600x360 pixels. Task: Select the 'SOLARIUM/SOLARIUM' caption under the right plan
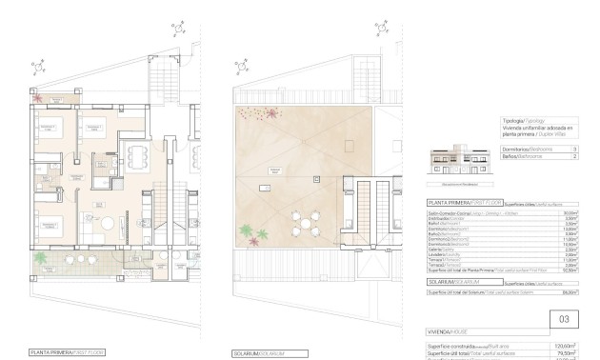click(258, 351)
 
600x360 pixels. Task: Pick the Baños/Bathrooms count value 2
click(574, 158)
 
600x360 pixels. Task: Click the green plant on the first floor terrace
click(40, 258)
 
